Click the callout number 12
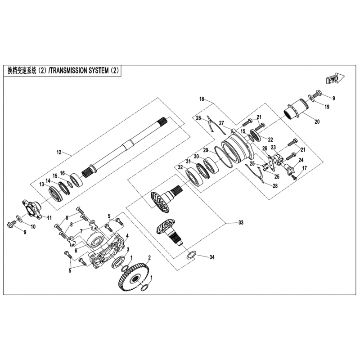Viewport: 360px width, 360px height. [59, 152]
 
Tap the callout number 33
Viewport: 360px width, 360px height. [241, 222]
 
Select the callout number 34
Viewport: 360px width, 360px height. [212, 257]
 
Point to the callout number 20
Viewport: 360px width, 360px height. [317, 121]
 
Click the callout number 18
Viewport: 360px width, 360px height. [202, 99]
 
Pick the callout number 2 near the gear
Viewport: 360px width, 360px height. [149, 257]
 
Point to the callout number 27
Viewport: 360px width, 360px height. [221, 123]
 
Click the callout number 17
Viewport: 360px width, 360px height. [305, 168]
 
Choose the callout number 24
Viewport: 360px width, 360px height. [301, 160]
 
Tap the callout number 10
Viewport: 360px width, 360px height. [33, 227]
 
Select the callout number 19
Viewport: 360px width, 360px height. [327, 107]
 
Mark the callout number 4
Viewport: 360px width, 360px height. [127, 236]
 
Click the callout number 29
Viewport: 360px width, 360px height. [206, 150]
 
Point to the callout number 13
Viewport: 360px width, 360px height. [41, 184]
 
